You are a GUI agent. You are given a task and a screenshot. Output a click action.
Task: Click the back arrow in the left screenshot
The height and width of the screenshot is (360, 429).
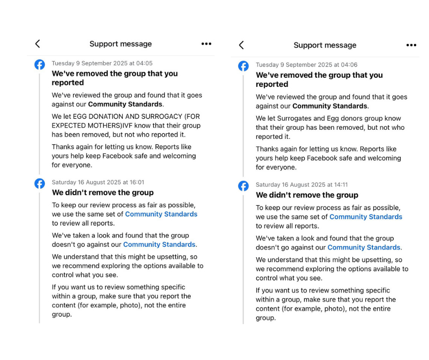tap(37, 44)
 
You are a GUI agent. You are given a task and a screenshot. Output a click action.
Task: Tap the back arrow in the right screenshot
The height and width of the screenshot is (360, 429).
tap(241, 45)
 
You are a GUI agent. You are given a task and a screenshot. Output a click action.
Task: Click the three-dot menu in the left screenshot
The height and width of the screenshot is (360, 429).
tap(206, 44)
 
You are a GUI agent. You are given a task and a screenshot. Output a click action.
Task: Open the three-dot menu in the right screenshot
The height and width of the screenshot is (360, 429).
tap(411, 45)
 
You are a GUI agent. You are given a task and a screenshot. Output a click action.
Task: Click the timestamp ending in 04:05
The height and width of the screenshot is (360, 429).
tap(102, 64)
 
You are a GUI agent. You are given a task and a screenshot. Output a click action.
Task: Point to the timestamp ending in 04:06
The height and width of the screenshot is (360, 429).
tap(306, 65)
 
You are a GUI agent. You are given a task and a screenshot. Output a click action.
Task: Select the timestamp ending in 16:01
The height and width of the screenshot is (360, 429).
tap(98, 182)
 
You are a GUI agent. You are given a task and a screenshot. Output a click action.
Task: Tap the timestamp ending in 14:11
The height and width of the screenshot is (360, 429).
tap(301, 185)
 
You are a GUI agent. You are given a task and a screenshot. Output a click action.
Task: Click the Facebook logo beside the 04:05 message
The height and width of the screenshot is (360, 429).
tap(40, 64)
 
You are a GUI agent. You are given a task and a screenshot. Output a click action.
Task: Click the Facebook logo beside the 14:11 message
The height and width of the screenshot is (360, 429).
tap(244, 186)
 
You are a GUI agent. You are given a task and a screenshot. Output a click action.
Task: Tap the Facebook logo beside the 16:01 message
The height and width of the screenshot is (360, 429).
tap(40, 184)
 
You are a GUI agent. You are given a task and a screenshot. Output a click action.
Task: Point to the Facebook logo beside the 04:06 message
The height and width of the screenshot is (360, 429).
tap(244, 66)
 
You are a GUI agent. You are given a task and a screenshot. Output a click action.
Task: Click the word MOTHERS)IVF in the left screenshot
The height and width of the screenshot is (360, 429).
tap(110, 126)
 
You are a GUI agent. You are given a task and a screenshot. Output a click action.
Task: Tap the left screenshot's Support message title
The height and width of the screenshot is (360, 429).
tap(120, 44)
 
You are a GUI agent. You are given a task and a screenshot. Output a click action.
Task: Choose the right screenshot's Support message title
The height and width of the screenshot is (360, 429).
tap(324, 45)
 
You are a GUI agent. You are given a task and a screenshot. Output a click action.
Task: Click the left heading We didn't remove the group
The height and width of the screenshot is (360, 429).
tap(102, 193)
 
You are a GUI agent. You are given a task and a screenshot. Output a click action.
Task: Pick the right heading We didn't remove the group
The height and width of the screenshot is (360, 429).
tap(307, 195)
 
